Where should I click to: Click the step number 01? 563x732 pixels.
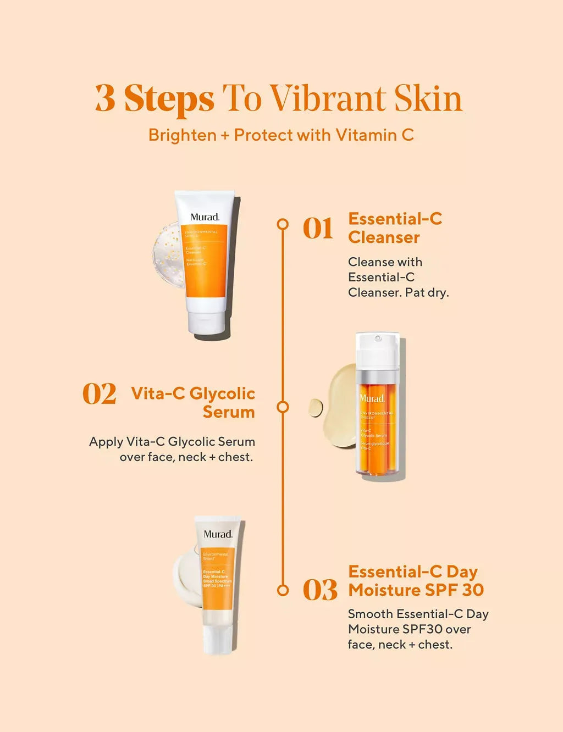coord(318,229)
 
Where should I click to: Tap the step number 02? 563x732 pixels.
coord(99,394)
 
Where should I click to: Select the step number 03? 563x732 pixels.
coord(319,590)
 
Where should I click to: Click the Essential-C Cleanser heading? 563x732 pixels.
coord(395,228)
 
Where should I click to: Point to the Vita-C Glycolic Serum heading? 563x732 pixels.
coord(193,402)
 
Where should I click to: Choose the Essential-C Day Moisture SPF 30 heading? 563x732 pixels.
coord(416,581)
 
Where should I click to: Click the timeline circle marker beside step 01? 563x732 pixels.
coord(283,224)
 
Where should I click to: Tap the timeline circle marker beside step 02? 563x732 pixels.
coord(283,407)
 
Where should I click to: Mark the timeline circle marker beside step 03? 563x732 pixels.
coord(283,590)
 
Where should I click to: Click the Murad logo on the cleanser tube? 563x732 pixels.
coord(205,217)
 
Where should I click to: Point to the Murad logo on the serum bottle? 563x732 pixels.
coord(372,398)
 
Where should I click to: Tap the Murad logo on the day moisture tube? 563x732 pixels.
coord(218,534)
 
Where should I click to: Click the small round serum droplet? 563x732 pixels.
coord(316,408)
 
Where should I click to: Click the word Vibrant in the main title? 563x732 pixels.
coord(328,99)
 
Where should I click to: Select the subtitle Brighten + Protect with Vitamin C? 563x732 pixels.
coord(281,135)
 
